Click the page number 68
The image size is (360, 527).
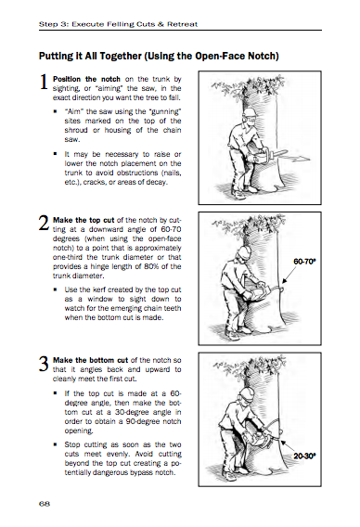click(44, 503)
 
